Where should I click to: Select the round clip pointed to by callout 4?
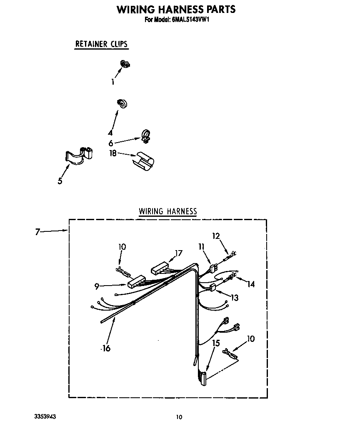click(122, 103)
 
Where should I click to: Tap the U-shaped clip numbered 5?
click(79, 156)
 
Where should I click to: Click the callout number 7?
click(37, 232)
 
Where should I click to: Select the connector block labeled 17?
click(160, 267)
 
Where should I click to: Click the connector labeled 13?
click(213, 287)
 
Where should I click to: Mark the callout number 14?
click(251, 284)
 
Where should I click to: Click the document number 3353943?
click(45, 416)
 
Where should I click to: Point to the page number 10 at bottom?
click(179, 417)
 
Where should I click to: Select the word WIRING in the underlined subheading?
click(151, 211)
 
